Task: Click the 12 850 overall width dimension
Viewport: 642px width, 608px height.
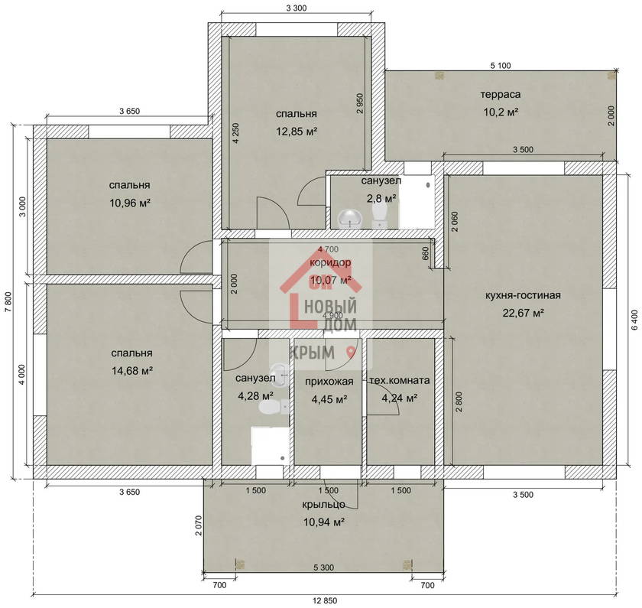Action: coord(325,600)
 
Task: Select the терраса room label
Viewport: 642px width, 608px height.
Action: coord(501,95)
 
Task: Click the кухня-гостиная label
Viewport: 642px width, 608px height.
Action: coord(523,295)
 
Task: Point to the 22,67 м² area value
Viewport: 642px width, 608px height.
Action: coord(523,313)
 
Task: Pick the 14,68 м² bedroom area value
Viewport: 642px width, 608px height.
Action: coord(131,371)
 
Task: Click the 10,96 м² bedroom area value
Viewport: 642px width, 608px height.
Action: coord(130,203)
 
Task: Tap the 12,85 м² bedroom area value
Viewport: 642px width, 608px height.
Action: coord(297,132)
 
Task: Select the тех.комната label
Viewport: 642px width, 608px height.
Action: coord(400,381)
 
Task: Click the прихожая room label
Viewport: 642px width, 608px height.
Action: coord(329,382)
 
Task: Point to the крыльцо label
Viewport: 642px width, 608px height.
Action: coord(323,505)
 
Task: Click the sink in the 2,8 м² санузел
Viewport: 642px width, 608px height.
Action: coord(349,218)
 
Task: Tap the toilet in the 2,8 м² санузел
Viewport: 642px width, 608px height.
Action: coord(380,216)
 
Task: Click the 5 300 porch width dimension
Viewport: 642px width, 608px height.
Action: coord(323,567)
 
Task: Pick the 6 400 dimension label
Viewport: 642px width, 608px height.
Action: coord(634,320)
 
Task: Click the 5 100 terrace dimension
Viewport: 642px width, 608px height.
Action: coord(501,66)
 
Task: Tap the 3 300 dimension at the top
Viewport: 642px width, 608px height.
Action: coord(296,8)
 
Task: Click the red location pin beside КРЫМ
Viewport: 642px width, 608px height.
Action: coord(351,352)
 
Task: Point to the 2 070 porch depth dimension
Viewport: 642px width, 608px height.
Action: coord(199,525)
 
